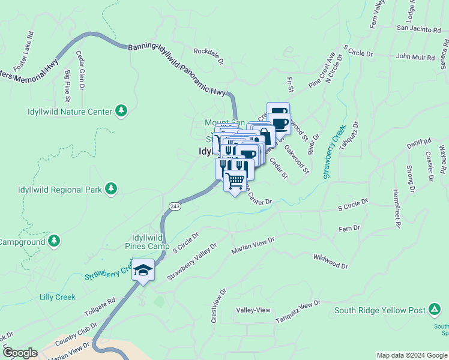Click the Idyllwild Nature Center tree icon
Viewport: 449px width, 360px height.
[121, 111]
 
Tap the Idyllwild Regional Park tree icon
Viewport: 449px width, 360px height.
[110, 189]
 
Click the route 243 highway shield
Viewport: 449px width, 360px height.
[175, 206]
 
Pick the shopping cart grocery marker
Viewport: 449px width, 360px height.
[235, 179]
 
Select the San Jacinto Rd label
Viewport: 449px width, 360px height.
[419, 28]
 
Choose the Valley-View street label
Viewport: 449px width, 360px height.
[253, 310]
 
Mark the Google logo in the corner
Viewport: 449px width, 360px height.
[20, 353]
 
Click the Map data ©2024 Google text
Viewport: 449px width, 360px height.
[411, 355]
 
